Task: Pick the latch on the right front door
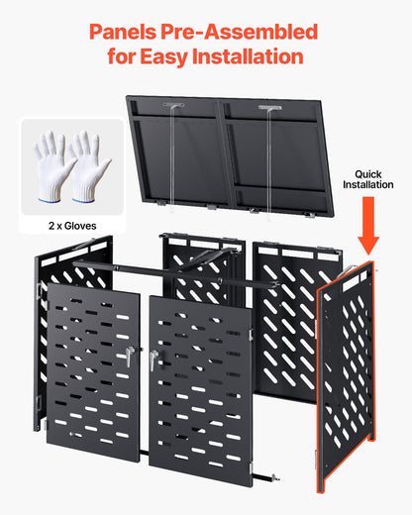[154, 360]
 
